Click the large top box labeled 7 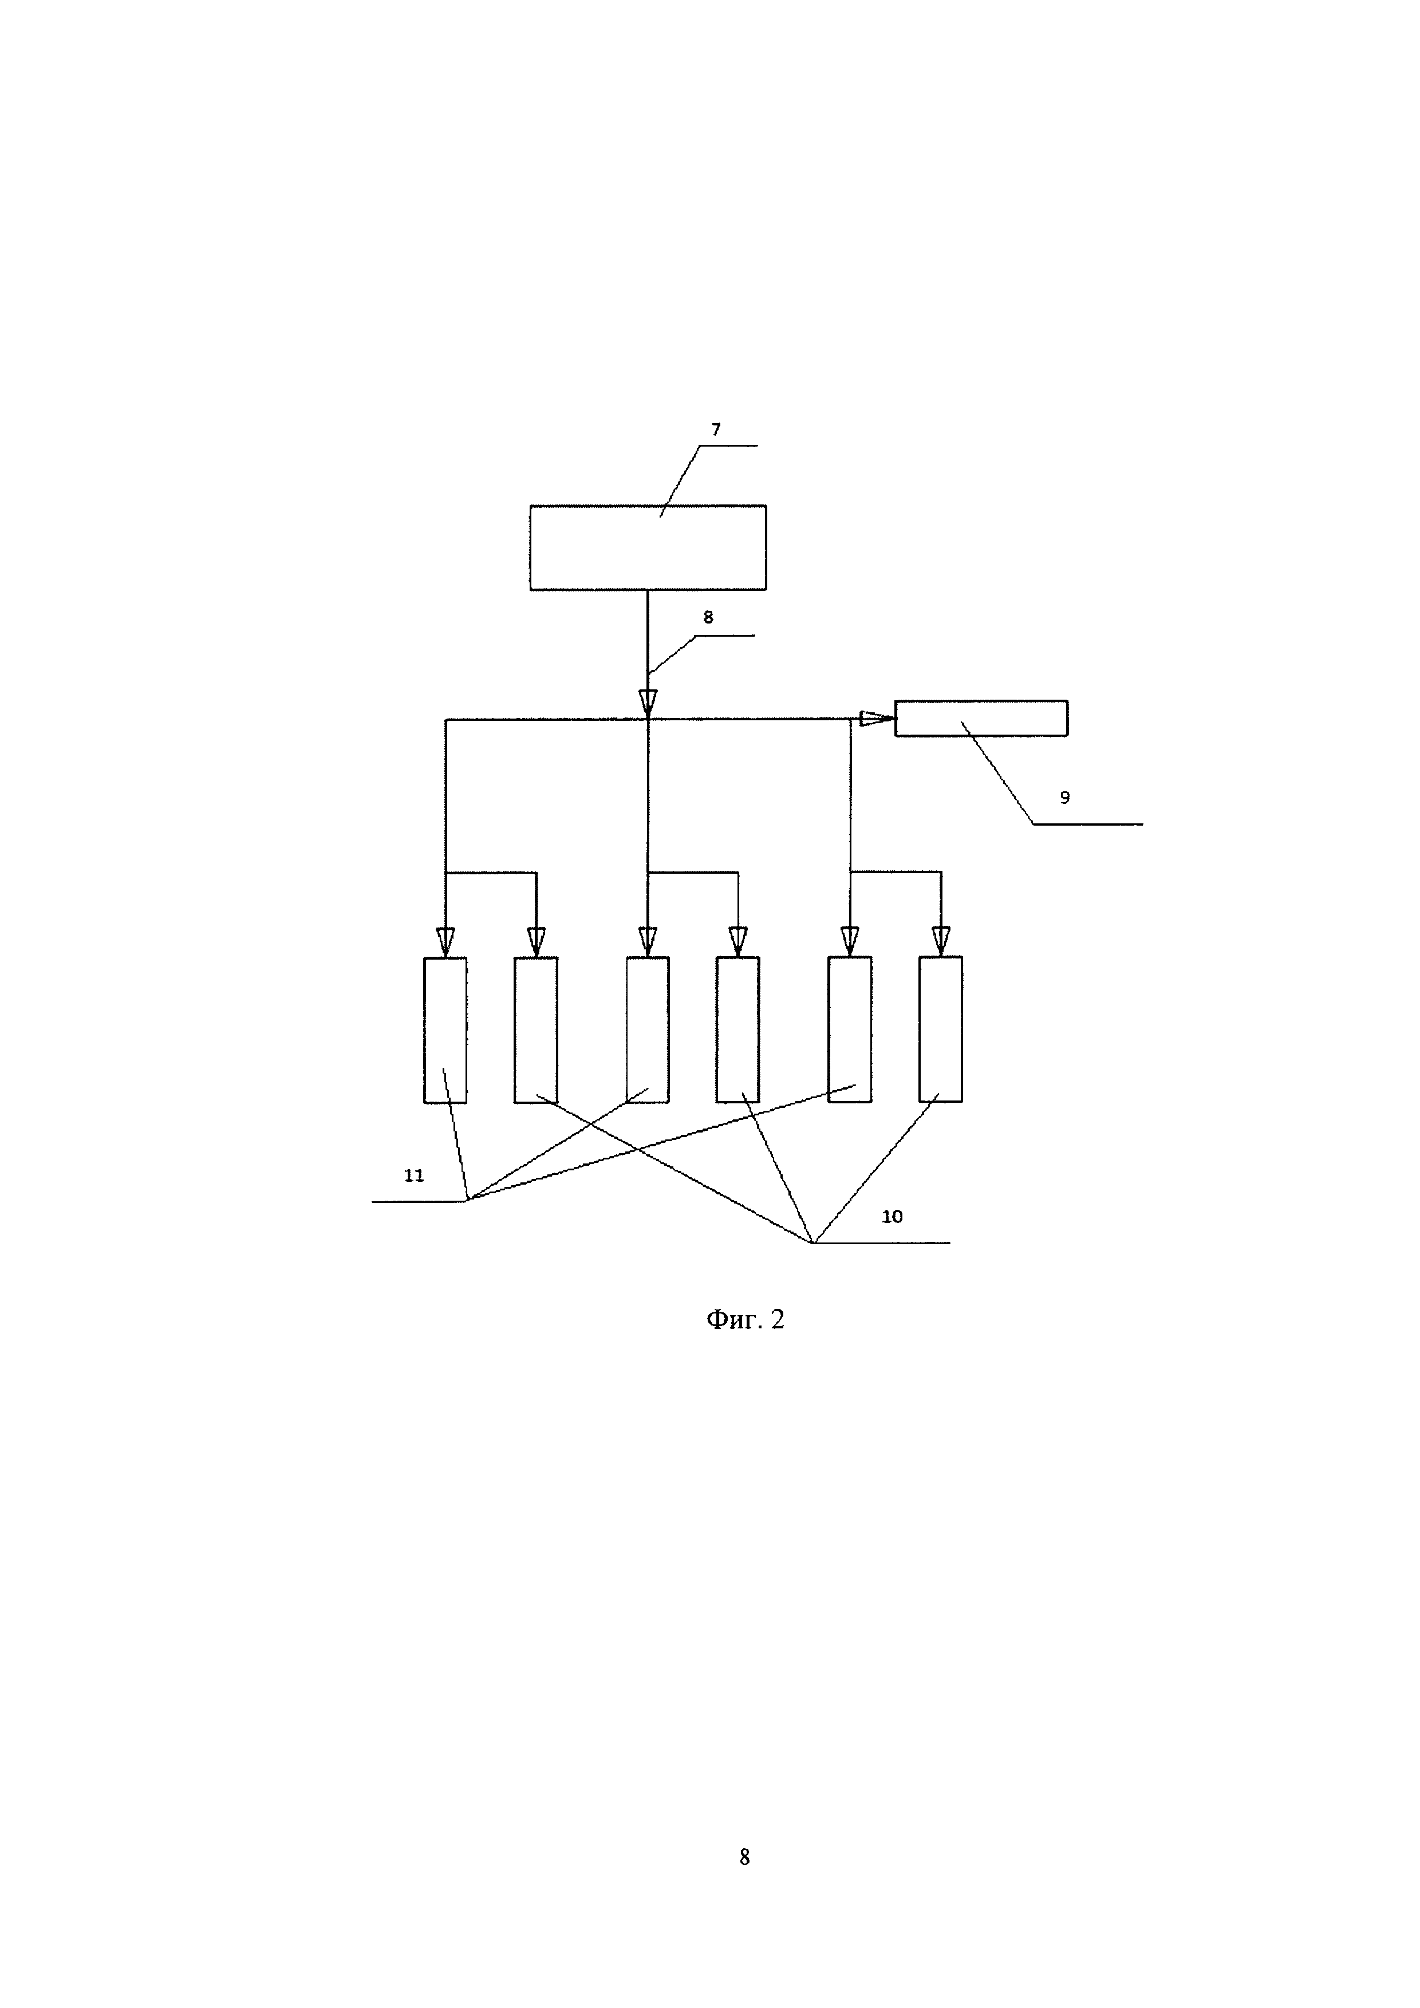click(x=648, y=547)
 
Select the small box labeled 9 click(x=981, y=718)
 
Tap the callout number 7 click(x=716, y=429)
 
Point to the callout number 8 click(x=708, y=617)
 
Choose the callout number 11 click(x=413, y=1175)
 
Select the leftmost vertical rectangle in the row click(x=445, y=1029)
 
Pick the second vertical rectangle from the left click(x=536, y=1029)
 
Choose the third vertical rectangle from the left click(x=648, y=1029)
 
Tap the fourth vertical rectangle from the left click(x=738, y=1029)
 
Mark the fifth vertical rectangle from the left click(x=850, y=1029)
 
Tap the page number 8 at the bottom click(x=744, y=1857)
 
